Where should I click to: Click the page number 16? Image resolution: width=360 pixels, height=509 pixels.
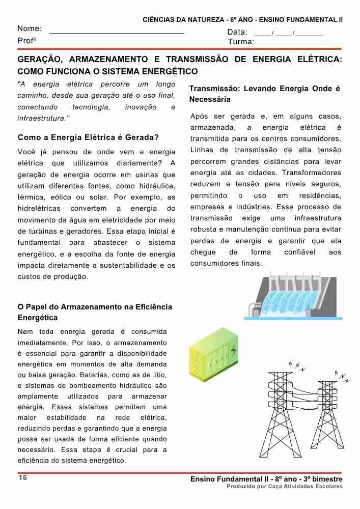[x=22, y=477]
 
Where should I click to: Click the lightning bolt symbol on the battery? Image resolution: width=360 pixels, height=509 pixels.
[x=233, y=351]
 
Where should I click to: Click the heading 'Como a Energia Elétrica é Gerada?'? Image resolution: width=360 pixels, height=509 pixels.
[x=88, y=137]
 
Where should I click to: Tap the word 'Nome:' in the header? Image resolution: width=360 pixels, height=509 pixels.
[x=30, y=29]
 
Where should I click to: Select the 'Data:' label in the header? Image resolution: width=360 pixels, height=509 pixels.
[x=237, y=33]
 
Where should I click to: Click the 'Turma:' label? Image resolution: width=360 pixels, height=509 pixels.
[x=241, y=42]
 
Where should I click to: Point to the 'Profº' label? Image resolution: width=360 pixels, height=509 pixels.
[x=27, y=41]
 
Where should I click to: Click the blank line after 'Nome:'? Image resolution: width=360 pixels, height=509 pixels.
[x=117, y=32]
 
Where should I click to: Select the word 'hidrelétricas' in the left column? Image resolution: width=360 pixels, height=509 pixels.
[x=39, y=209]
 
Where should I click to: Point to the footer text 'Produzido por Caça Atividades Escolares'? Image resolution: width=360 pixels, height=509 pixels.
[x=285, y=487]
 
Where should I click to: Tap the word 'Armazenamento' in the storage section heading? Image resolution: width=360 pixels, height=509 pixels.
[x=82, y=307]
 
